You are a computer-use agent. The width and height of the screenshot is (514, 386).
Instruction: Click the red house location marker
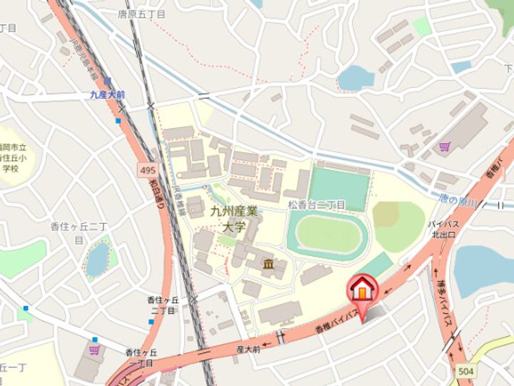point(362,290)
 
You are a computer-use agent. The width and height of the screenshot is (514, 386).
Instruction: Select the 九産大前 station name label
point(107,94)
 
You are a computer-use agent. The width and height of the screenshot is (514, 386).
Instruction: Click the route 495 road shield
point(146,169)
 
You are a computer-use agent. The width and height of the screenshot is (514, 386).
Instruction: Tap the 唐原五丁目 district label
point(141,14)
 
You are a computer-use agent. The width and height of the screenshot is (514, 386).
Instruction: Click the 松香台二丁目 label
point(316,204)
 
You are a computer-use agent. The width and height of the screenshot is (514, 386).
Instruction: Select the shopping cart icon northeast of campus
point(445,147)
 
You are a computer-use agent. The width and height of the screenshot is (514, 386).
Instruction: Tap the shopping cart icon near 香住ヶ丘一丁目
point(94,350)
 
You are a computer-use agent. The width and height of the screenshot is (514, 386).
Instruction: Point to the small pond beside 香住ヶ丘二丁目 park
point(98,259)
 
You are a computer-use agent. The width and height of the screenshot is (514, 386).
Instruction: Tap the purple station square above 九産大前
point(107,81)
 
